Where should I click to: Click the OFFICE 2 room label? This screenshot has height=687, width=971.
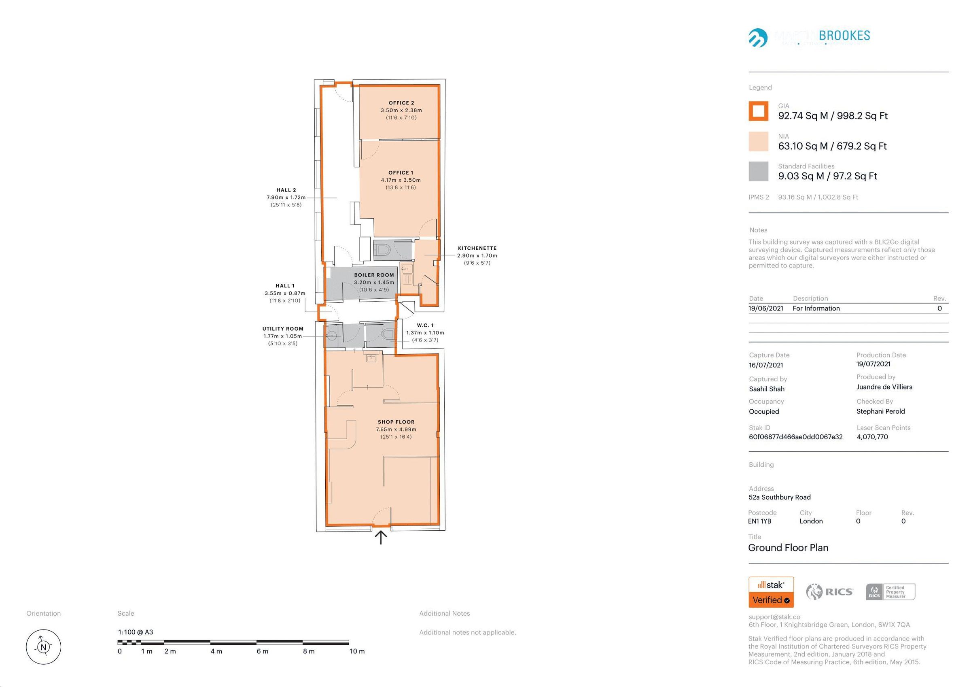click(401, 103)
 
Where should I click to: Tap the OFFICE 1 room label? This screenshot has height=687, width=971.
click(401, 173)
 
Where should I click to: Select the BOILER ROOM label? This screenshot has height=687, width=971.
click(374, 275)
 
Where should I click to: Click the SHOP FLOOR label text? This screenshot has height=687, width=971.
click(396, 422)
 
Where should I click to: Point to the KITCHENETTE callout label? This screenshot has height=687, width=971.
click(477, 249)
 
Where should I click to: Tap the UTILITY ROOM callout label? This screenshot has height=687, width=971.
click(282, 329)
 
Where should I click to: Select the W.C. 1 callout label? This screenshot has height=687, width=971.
click(425, 325)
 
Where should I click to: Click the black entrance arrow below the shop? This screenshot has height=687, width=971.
click(381, 538)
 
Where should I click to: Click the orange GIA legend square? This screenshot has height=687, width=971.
click(758, 111)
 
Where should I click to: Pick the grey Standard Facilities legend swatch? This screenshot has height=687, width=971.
click(758, 171)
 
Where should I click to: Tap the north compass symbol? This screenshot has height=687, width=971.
click(43, 647)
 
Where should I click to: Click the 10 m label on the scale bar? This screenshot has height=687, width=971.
click(356, 651)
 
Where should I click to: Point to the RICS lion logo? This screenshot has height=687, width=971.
click(814, 592)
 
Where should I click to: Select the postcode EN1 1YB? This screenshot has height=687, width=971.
click(759, 521)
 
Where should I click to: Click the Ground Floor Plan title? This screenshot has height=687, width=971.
click(788, 548)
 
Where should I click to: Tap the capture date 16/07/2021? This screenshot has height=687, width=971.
click(765, 365)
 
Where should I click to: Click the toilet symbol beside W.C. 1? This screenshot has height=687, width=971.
click(386, 334)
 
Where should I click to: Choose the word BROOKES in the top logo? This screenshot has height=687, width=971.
click(844, 36)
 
